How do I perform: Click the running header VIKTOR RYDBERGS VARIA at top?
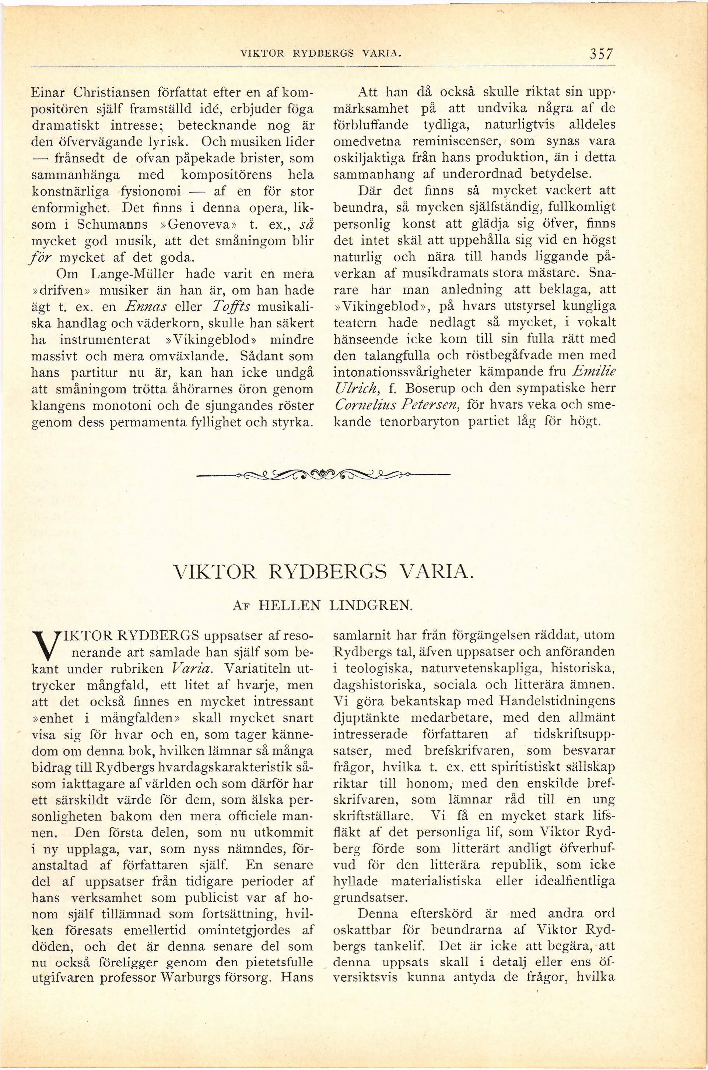click(321, 54)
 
